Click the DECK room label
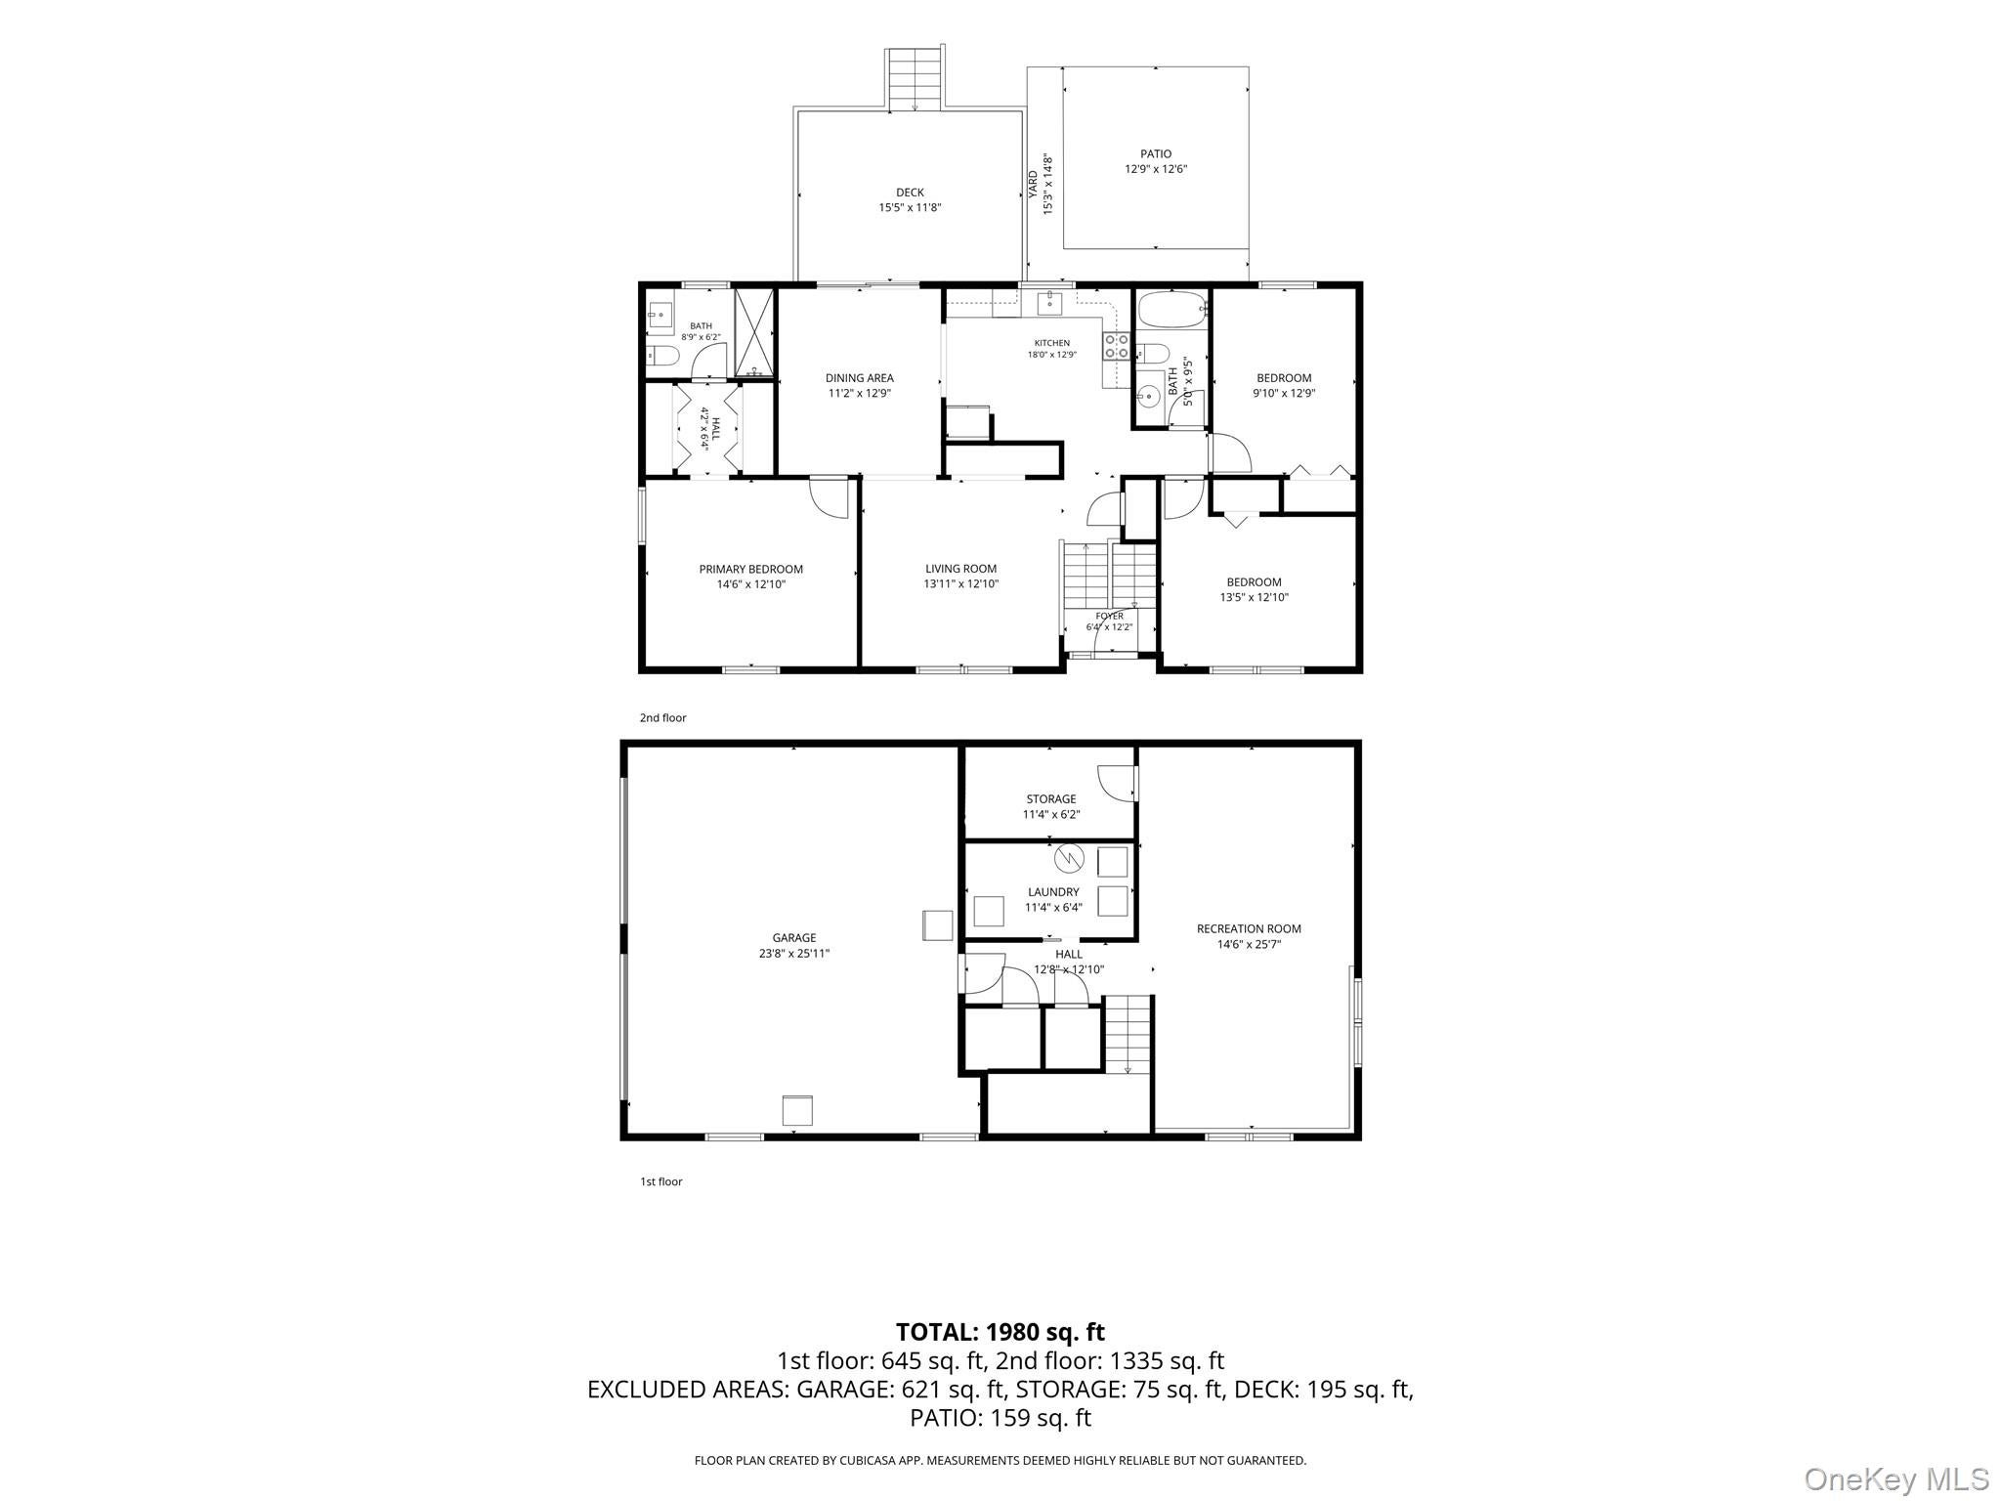[910, 193]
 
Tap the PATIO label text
[1156, 153]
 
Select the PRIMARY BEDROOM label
[750, 569]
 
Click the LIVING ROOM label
[961, 569]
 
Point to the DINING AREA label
[860, 378]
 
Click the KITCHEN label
[1052, 343]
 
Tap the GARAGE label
[794, 938]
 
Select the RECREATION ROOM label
[1249, 928]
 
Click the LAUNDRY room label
[1053, 892]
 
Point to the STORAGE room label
[1051, 798]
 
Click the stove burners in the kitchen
[1117, 345]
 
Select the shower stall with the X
[754, 332]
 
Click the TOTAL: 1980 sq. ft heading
[1000, 1332]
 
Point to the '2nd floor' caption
[662, 718]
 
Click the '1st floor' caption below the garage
[661, 1181]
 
